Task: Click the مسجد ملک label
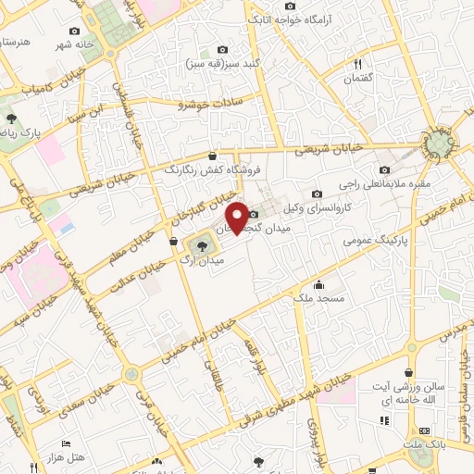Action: pos(318,299)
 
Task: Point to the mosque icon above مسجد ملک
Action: pos(319,284)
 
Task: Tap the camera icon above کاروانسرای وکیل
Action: pos(318,193)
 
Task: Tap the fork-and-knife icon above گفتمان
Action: pos(357,64)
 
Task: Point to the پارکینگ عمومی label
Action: pos(374,239)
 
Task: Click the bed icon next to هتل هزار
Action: pos(66,445)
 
